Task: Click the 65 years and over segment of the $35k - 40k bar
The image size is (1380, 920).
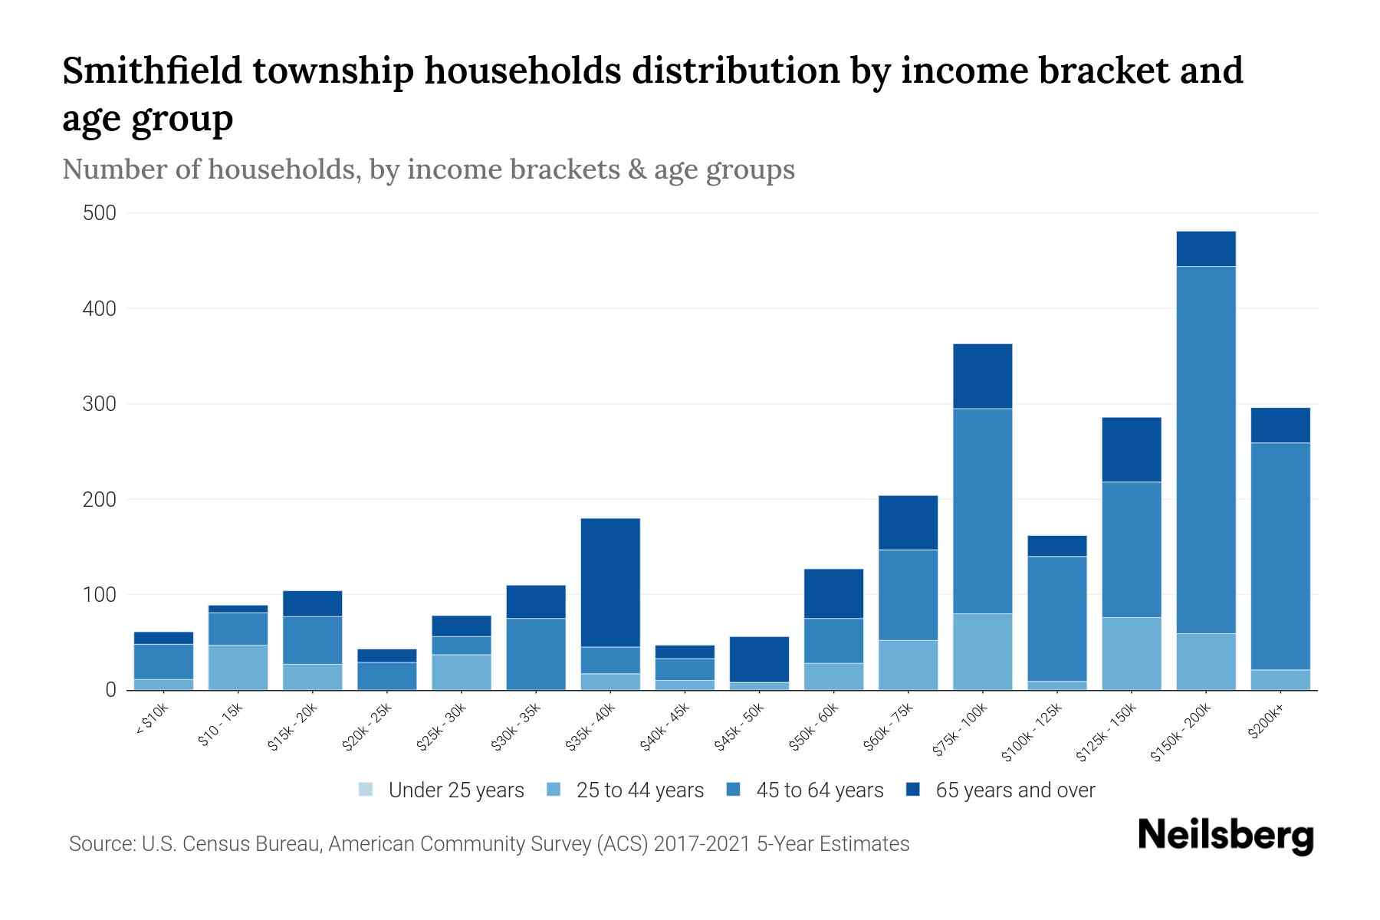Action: coord(610,583)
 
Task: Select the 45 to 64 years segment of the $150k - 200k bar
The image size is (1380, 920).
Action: coord(1206,450)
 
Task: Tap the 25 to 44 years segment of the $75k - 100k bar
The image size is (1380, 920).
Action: coord(982,652)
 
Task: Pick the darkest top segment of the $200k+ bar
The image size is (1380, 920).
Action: coord(1280,426)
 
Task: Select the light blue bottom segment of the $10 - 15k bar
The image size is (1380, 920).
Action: coord(238,668)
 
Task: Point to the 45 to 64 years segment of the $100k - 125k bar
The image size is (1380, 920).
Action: coord(1057,619)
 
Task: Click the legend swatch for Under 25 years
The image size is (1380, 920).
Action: coord(366,790)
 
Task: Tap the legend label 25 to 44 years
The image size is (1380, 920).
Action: coord(640,790)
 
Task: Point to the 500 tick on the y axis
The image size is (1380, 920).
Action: coord(100,213)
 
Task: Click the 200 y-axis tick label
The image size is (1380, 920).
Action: coord(100,500)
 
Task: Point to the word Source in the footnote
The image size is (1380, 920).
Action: coord(100,844)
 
